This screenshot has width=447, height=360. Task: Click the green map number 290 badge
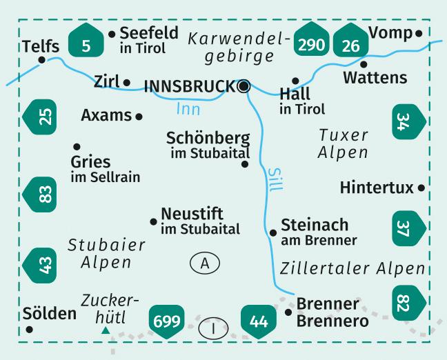point(311,45)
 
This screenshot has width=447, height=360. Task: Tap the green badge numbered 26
point(350,46)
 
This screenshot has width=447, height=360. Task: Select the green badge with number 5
point(87,46)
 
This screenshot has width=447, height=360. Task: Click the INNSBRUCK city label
point(190,86)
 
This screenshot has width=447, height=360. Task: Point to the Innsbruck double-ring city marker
point(243,86)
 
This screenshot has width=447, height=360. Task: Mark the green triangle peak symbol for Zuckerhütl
point(105,331)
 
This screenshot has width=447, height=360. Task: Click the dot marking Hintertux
point(421,187)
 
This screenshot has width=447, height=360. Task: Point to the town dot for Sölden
point(29,329)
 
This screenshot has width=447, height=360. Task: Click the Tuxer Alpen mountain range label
point(343,143)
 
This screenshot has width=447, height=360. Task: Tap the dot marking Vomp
point(419,33)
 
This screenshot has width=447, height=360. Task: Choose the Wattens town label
point(375,77)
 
